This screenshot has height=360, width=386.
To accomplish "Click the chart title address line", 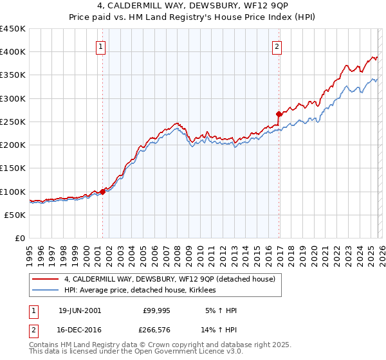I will click(x=193, y=6).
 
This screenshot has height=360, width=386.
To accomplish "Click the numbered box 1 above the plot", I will click(x=102, y=46).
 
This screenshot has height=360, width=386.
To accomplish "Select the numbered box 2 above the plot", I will click(x=277, y=46).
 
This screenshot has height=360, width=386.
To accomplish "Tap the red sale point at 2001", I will click(x=103, y=192).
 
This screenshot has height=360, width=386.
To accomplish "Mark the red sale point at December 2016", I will click(x=279, y=114).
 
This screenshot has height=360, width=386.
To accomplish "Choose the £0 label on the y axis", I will click(x=21, y=239).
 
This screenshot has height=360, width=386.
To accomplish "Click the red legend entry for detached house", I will click(x=170, y=279).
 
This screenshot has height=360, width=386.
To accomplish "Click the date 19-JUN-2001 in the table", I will click(x=80, y=310).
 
